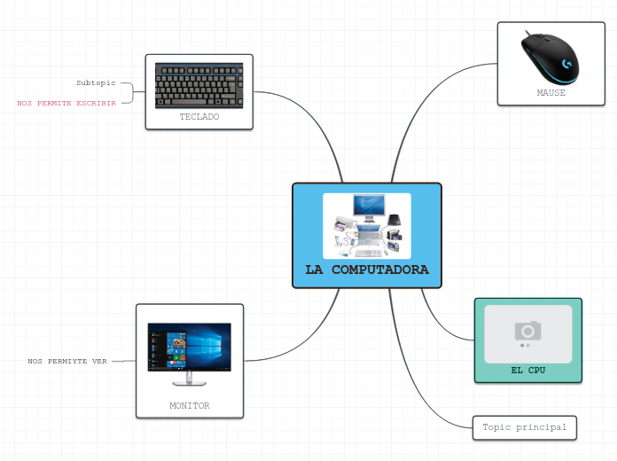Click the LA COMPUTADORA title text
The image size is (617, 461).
366,270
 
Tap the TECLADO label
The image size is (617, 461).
199,116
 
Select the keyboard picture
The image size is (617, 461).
199,85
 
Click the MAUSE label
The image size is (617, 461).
551,92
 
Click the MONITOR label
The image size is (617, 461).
190,405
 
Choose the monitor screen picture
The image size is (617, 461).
189,347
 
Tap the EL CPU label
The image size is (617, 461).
527,370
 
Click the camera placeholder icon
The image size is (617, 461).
527,332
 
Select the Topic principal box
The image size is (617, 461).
524,427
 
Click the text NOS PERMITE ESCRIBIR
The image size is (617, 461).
66,103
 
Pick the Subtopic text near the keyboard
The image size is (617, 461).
96,82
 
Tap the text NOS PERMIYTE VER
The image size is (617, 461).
67,361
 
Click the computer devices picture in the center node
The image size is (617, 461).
366,225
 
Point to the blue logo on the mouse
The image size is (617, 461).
566,64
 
